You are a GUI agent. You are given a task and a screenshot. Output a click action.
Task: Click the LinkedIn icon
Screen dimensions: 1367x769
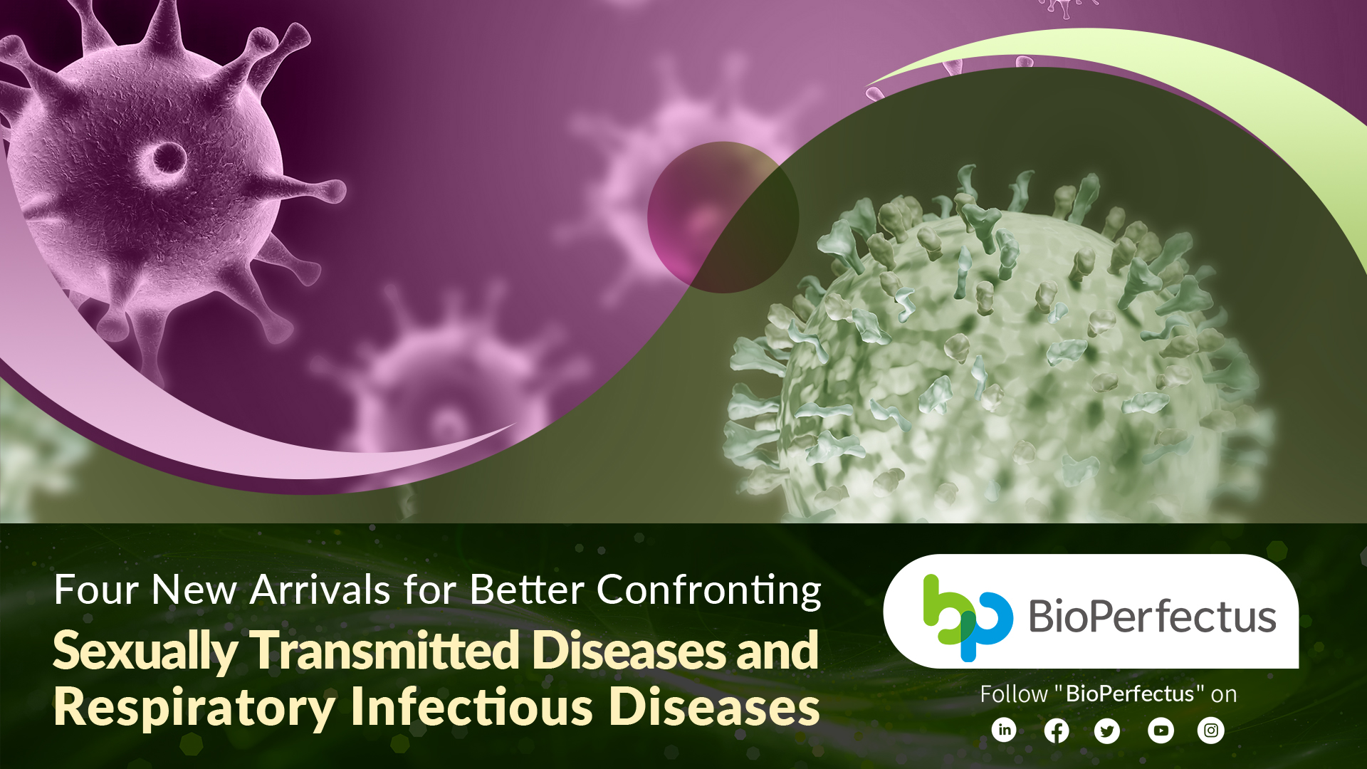pyautogui.click(x=1004, y=730)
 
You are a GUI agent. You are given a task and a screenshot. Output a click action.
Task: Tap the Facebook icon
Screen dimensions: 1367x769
pyautogui.click(x=1057, y=731)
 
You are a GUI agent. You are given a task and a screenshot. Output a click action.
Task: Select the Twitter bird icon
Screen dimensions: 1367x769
pyautogui.click(x=1107, y=731)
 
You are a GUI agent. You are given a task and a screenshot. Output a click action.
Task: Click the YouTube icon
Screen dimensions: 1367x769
pyautogui.click(x=1161, y=731)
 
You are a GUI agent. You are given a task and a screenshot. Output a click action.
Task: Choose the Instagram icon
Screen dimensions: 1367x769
pyautogui.click(x=1211, y=731)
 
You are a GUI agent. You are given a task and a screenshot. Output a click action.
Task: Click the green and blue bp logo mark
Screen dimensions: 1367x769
pyautogui.click(x=968, y=617)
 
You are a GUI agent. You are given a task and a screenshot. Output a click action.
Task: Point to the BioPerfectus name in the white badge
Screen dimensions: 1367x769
pyautogui.click(x=1153, y=617)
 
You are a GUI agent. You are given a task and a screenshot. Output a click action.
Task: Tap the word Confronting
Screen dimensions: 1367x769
pyautogui.click(x=709, y=591)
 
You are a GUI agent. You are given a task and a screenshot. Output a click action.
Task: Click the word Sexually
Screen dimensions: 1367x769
pyautogui.click(x=146, y=651)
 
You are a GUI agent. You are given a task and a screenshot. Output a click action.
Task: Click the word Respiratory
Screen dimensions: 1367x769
pyautogui.click(x=194, y=708)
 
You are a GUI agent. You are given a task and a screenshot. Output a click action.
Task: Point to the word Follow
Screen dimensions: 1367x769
pyautogui.click(x=1014, y=694)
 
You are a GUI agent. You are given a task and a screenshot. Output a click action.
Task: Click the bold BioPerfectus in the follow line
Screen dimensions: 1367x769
pyautogui.click(x=1130, y=694)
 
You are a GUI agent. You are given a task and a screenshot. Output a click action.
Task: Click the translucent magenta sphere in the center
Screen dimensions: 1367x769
pyautogui.click(x=723, y=217)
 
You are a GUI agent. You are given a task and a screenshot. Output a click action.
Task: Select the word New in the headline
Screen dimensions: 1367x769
pyautogui.click(x=194, y=590)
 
